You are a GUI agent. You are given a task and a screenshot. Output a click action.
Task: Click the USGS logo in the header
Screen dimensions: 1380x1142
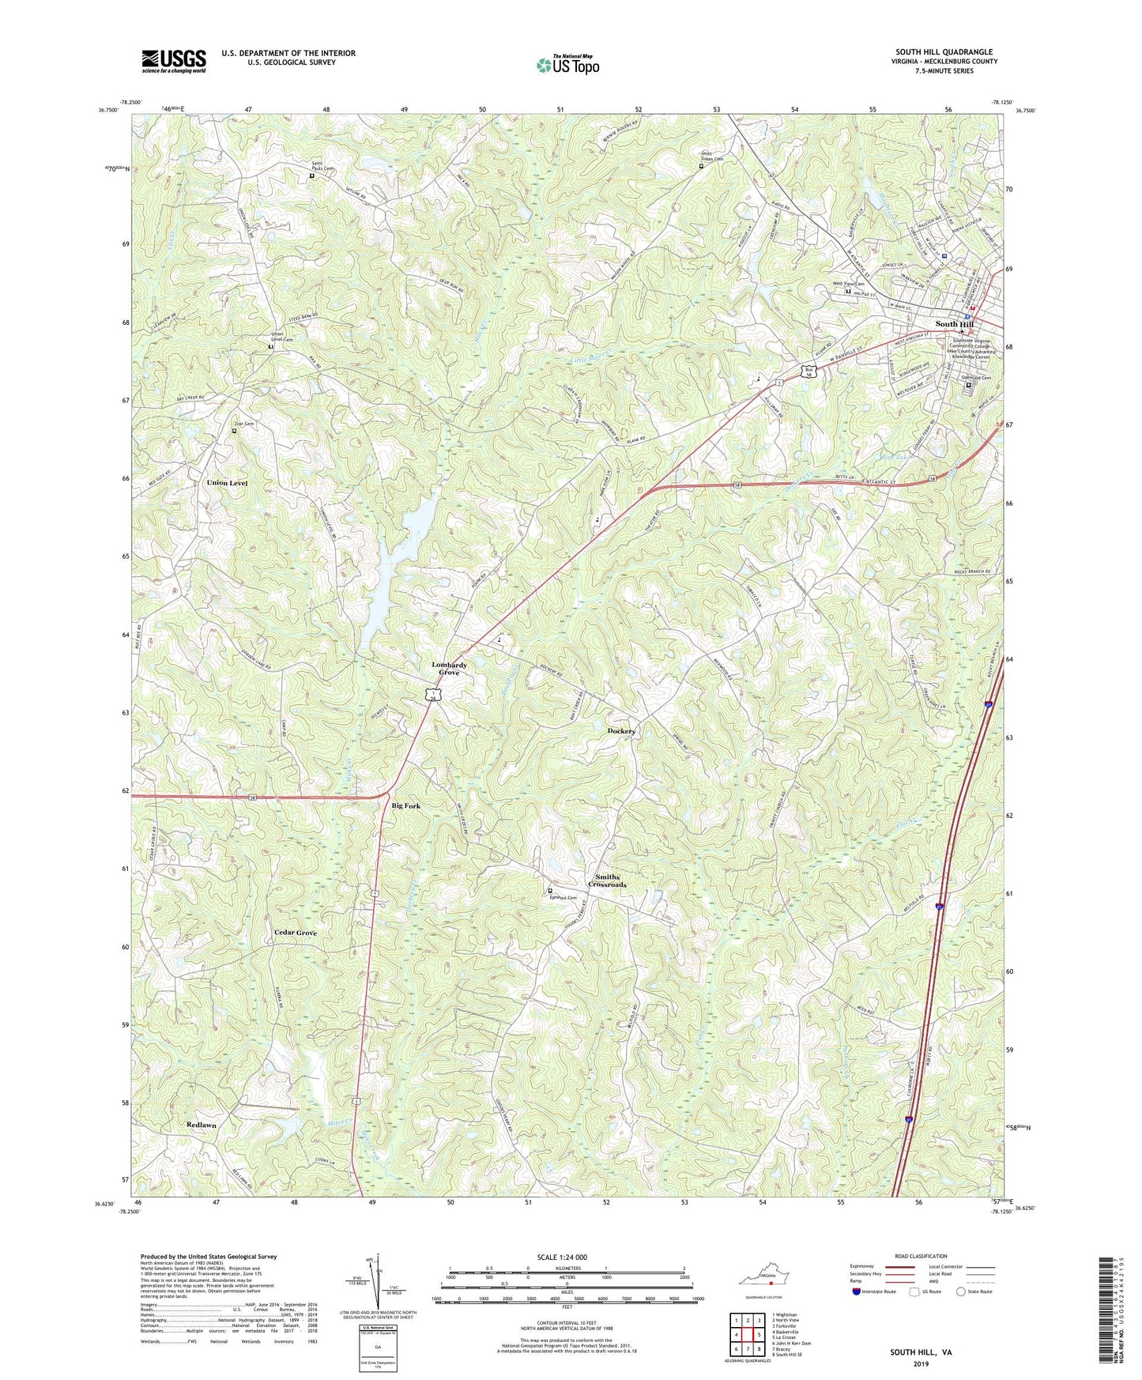point(173,61)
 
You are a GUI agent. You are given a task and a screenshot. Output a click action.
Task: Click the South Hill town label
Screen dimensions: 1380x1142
point(954,324)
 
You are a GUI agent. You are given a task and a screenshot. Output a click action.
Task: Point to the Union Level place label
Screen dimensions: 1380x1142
point(227,482)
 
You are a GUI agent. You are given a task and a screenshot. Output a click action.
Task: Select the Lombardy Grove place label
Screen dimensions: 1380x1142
point(449,669)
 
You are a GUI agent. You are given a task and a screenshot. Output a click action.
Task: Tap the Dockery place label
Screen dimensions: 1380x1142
point(621,731)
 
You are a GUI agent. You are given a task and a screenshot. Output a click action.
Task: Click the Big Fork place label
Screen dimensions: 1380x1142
point(406,805)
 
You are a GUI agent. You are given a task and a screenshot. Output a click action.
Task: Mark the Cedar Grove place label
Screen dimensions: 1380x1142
point(296,933)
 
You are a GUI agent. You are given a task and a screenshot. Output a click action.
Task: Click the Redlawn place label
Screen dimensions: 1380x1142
point(202,1124)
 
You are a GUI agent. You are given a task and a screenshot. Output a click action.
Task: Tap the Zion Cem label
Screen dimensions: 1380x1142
point(243,424)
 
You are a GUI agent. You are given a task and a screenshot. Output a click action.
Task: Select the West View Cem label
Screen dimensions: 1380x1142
point(848,284)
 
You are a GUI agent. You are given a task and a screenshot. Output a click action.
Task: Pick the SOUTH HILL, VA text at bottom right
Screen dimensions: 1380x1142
point(921,1352)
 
